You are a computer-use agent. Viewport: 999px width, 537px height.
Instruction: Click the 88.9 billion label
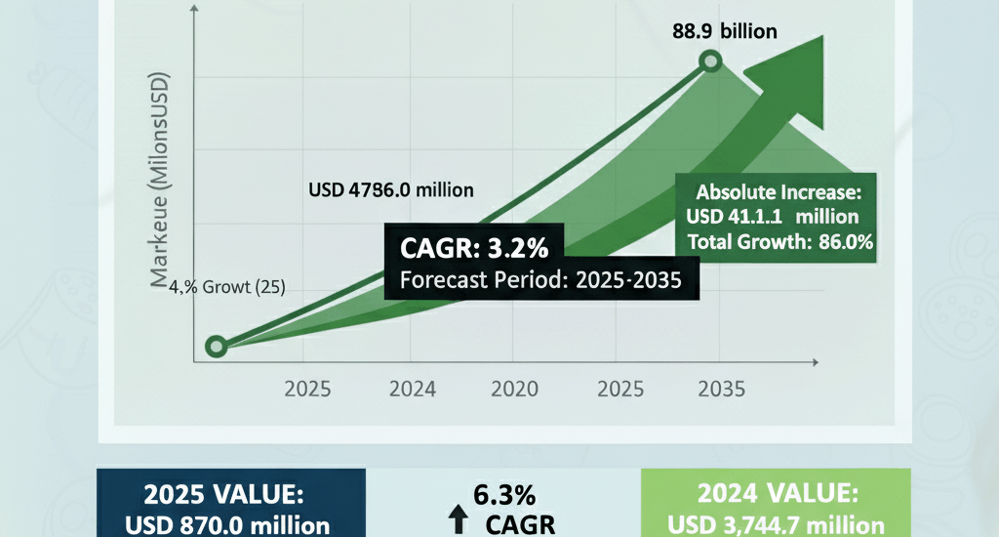click(x=725, y=31)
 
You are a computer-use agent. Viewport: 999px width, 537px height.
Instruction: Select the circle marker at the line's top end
click(x=711, y=63)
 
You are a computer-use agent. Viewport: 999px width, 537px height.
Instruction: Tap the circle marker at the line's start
click(x=217, y=347)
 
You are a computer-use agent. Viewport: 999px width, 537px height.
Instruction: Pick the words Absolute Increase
click(x=777, y=191)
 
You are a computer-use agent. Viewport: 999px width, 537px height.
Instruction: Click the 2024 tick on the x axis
click(x=412, y=390)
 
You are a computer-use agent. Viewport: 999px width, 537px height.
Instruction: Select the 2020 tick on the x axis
click(x=514, y=390)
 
